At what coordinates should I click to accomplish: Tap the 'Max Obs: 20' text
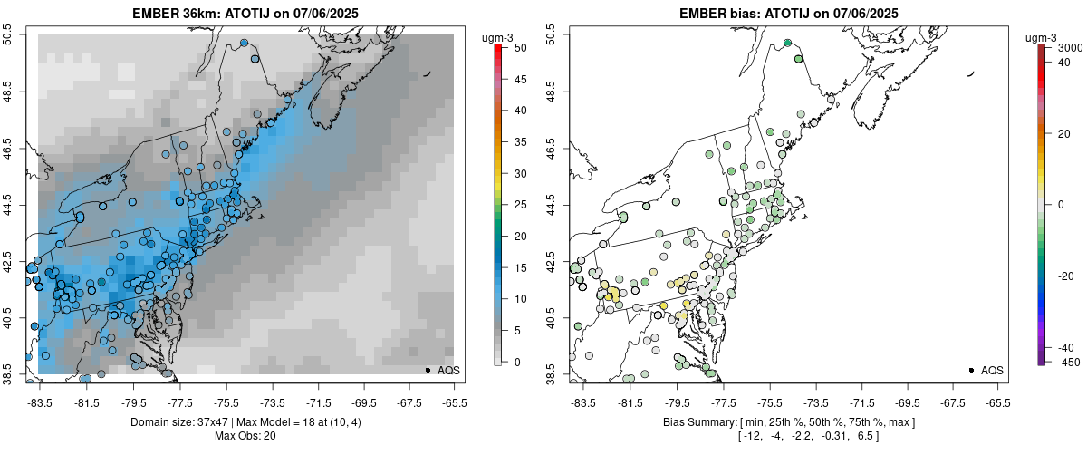245,436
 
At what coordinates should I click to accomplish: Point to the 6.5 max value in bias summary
865,436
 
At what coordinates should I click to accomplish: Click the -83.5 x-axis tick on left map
40,402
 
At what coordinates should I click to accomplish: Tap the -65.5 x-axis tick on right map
997,402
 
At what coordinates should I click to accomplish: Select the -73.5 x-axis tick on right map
817,402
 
